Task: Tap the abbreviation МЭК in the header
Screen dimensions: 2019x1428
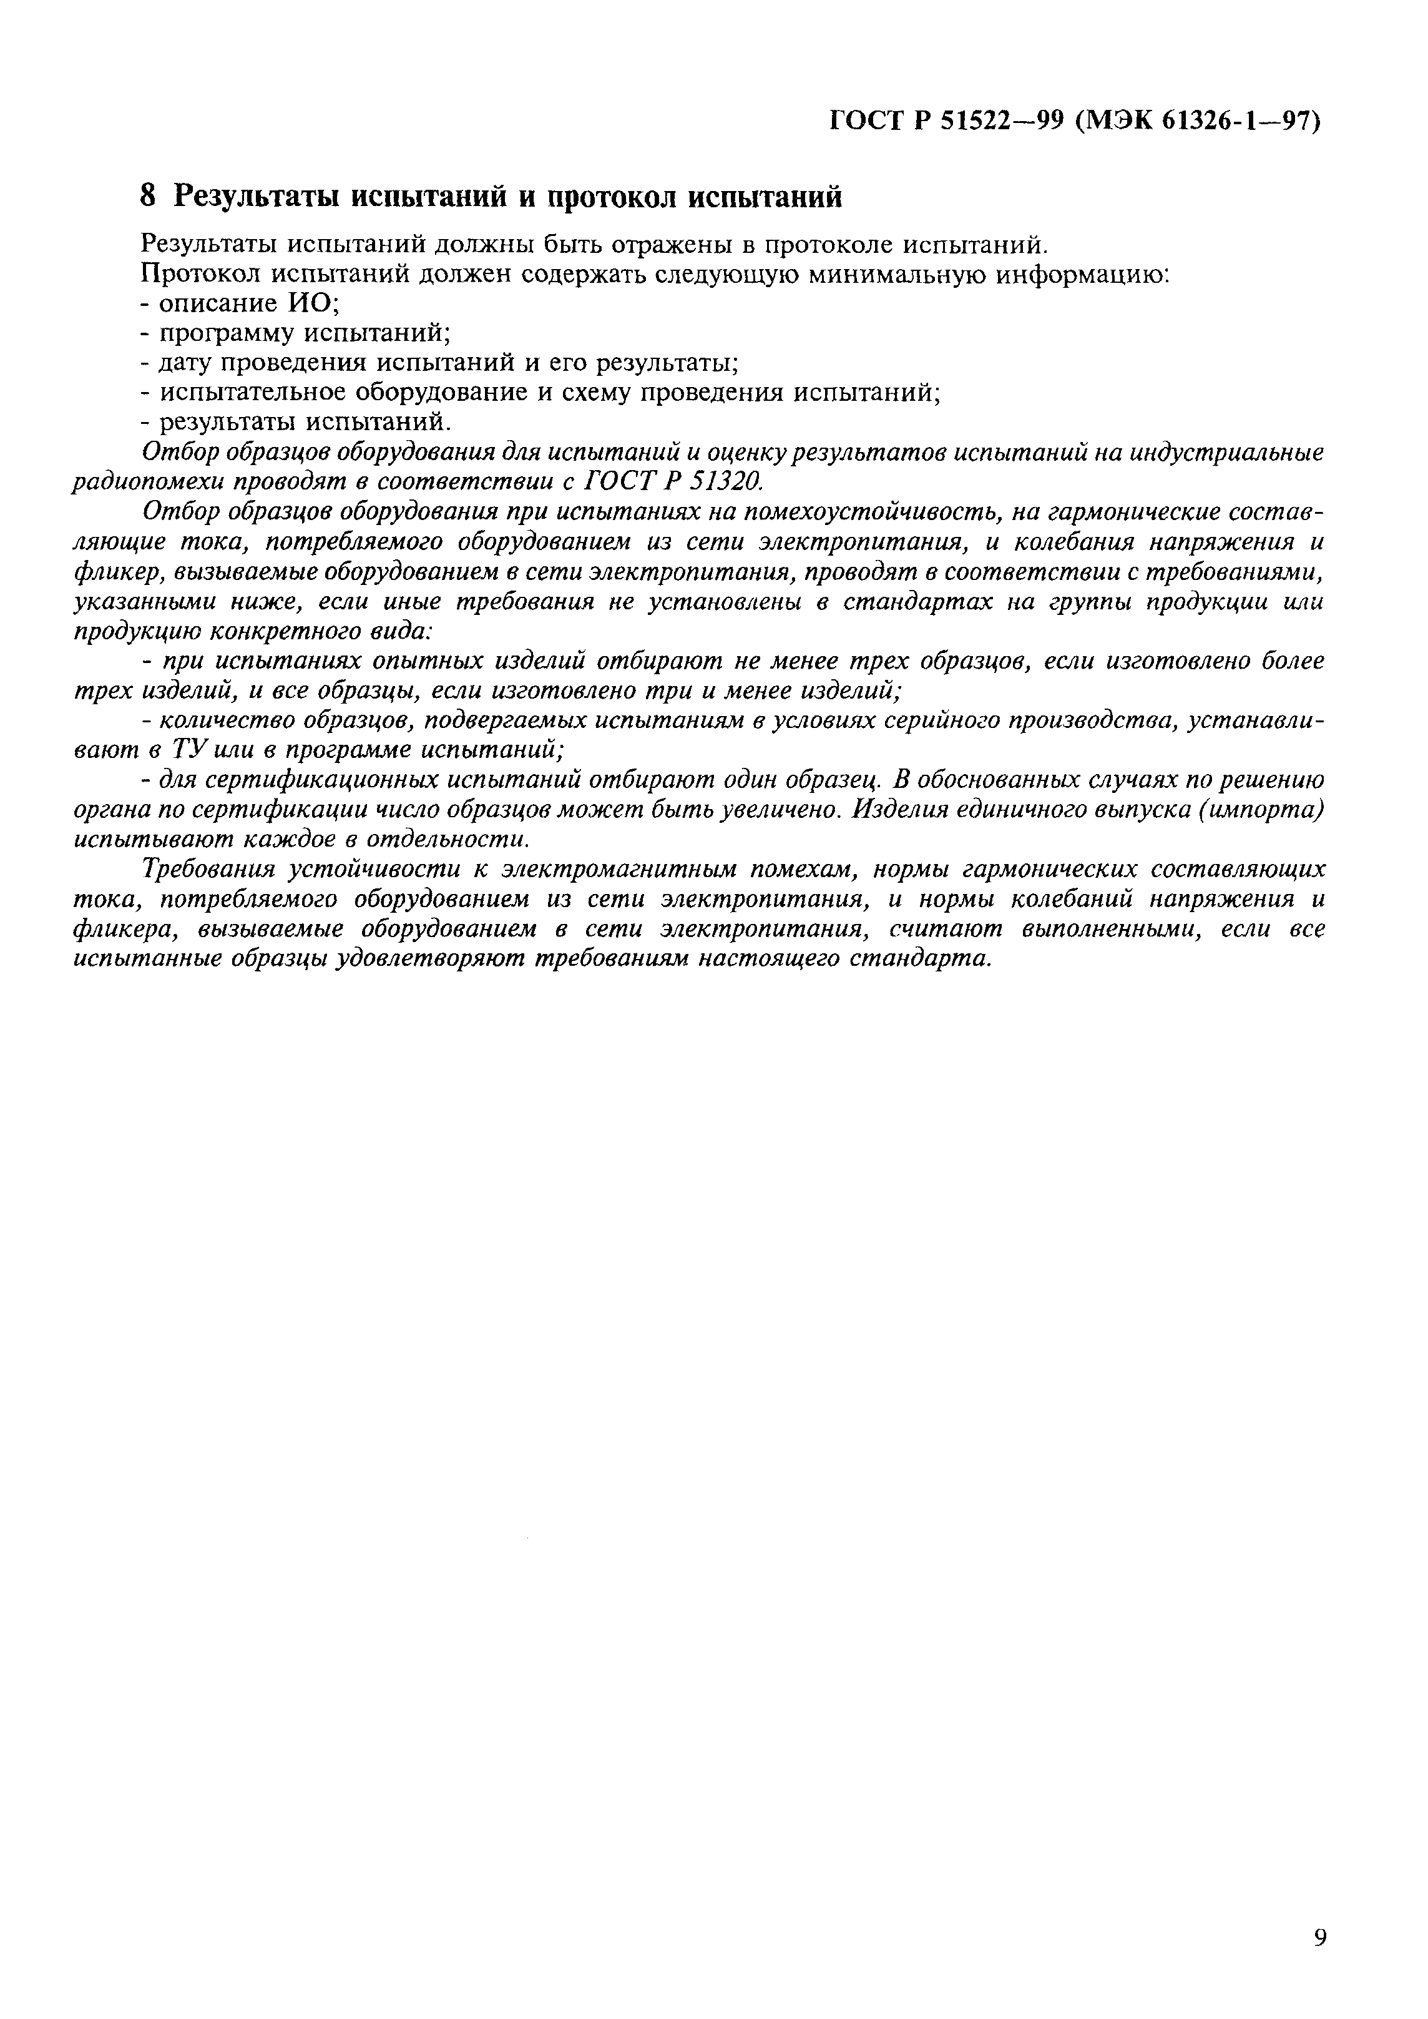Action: click(x=1115, y=120)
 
